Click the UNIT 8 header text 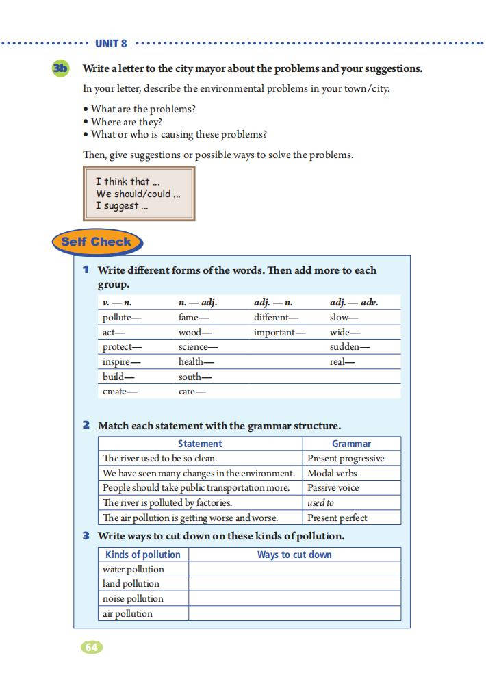pyautogui.click(x=111, y=44)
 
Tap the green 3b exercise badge pyautogui.click(x=61, y=68)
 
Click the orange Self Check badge pyautogui.click(x=97, y=242)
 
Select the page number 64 pyautogui.click(x=92, y=647)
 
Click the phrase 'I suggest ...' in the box pyautogui.click(x=122, y=205)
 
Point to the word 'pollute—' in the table pyautogui.click(x=122, y=318)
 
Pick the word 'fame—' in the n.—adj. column pyautogui.click(x=194, y=318)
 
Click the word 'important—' pyautogui.click(x=279, y=333)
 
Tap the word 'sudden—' pyautogui.click(x=350, y=347)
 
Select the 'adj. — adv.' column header pyautogui.click(x=354, y=302)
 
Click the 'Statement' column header pyautogui.click(x=200, y=444)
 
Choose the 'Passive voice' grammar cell pyautogui.click(x=333, y=488)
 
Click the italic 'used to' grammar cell pyautogui.click(x=320, y=502)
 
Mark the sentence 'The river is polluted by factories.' pyautogui.click(x=167, y=502)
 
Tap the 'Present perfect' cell pyautogui.click(x=337, y=518)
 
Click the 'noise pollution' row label pyautogui.click(x=133, y=599)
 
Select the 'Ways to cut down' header pyautogui.click(x=294, y=555)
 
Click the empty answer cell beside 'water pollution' pyautogui.click(x=294, y=569)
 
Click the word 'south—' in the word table pyautogui.click(x=195, y=377)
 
